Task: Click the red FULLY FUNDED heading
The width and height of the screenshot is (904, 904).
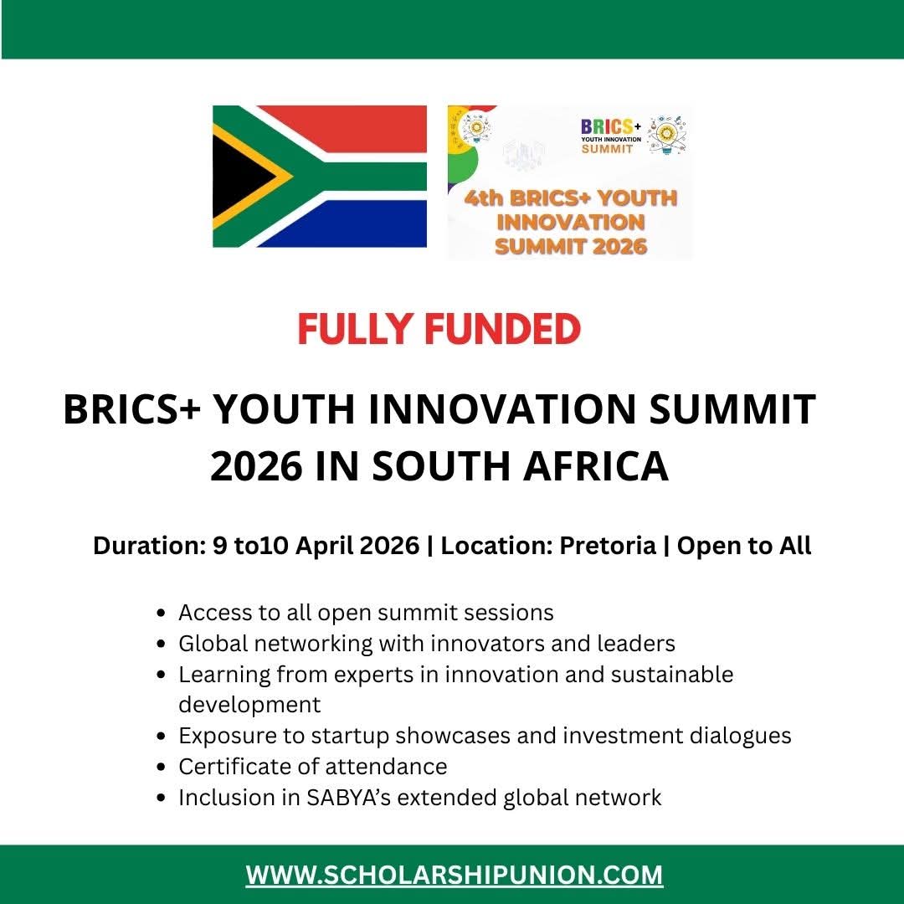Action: (439, 330)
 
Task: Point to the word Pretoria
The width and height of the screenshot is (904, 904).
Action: (607, 546)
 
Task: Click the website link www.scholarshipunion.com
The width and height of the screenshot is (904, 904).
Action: (454, 876)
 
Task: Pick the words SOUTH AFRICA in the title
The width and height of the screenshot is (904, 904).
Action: (521, 467)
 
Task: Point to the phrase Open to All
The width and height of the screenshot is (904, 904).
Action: (744, 546)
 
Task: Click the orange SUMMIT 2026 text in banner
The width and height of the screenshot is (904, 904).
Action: (571, 246)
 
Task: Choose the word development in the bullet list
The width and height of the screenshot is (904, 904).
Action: (249, 704)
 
